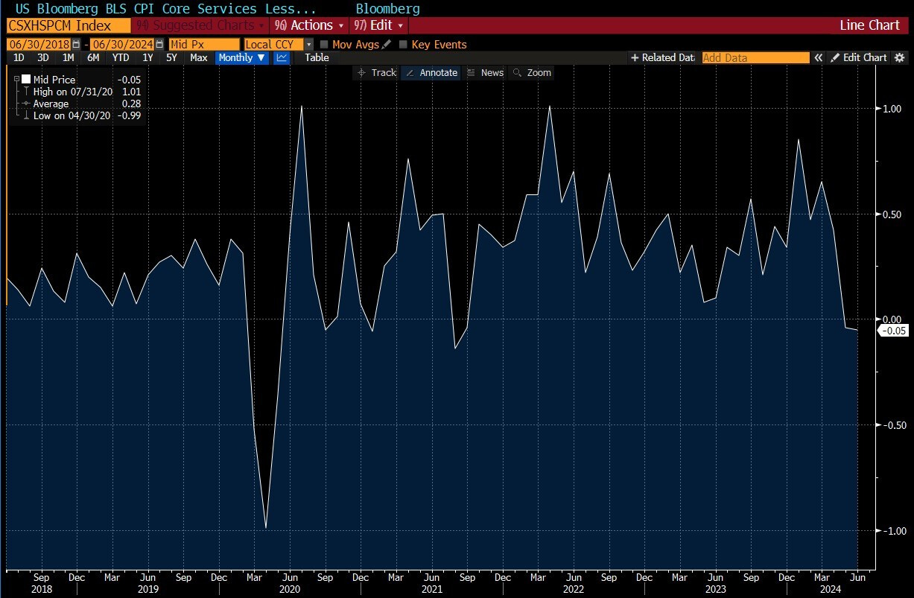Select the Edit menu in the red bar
(x=379, y=25)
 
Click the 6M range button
(x=93, y=57)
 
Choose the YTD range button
(x=121, y=57)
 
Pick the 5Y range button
(x=171, y=57)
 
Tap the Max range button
(x=199, y=57)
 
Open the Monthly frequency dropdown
(x=242, y=57)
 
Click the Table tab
(x=317, y=57)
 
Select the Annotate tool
(x=431, y=72)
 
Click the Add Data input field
(x=755, y=57)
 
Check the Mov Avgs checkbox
(x=324, y=45)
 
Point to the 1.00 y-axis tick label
(x=892, y=109)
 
